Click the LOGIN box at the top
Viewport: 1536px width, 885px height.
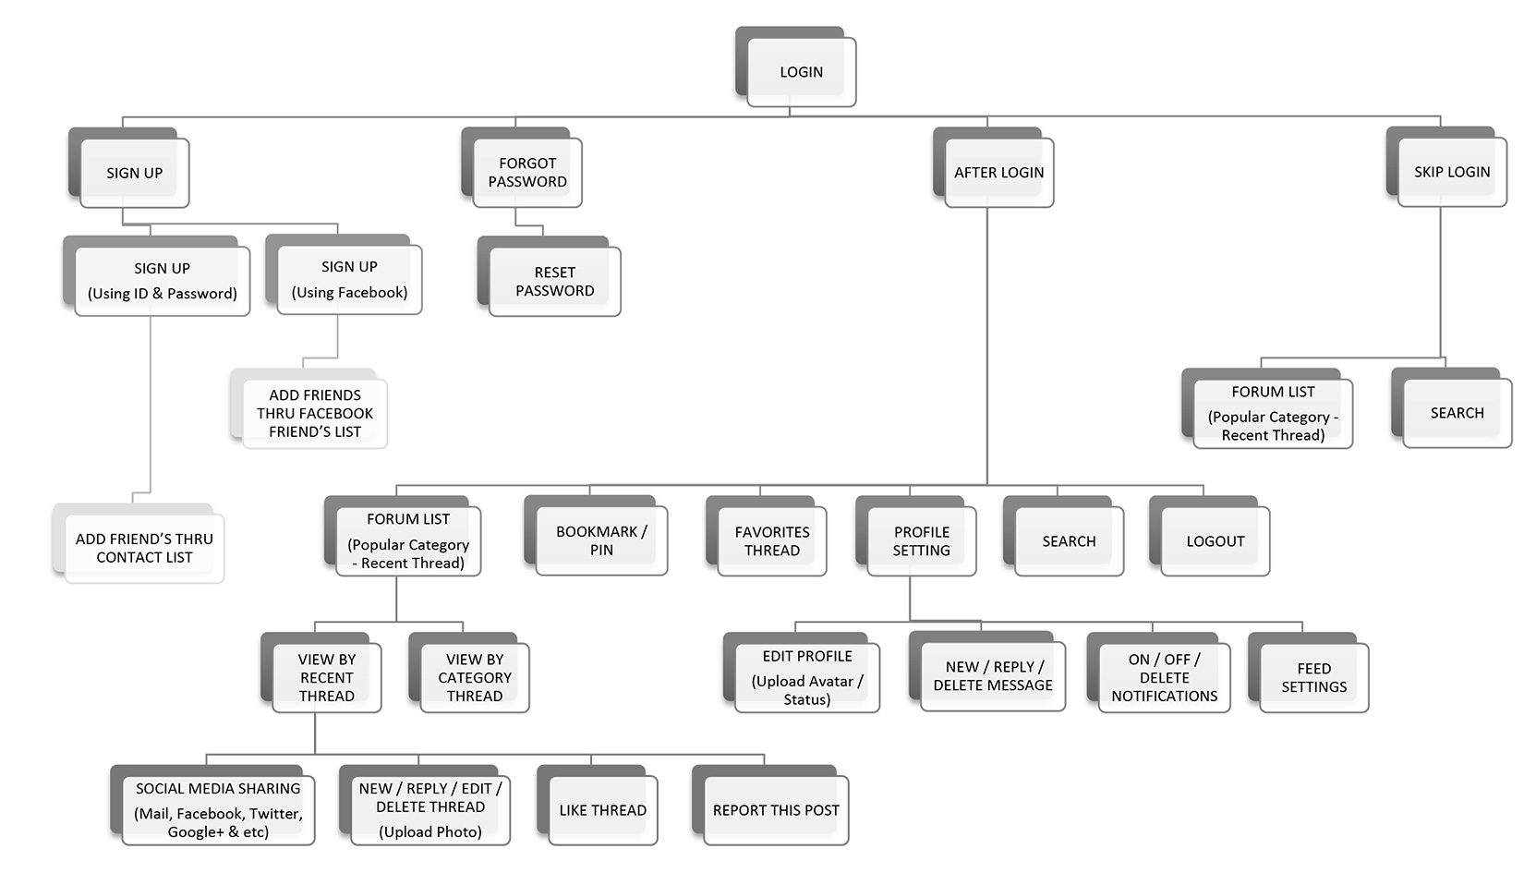(x=801, y=72)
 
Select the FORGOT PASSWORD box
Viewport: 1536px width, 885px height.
(x=527, y=173)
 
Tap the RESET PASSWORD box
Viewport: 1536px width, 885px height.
(x=554, y=282)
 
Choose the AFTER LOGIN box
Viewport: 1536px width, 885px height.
(x=998, y=173)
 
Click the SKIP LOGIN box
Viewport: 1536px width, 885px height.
(x=1452, y=172)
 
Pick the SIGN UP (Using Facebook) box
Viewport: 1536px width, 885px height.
(x=349, y=279)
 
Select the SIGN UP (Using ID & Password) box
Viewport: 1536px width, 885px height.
(x=162, y=281)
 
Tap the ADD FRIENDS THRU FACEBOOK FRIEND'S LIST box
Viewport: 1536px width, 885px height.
(x=314, y=413)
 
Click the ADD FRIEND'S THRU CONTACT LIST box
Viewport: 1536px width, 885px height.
(x=144, y=548)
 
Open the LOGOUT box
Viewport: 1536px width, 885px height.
(x=1215, y=541)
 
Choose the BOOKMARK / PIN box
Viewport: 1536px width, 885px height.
(x=601, y=540)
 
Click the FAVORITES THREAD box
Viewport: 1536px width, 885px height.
(x=772, y=541)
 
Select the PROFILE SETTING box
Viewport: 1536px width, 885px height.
(x=921, y=541)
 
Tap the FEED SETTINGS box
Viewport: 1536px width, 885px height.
(x=1313, y=678)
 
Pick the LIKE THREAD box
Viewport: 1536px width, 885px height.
(x=602, y=810)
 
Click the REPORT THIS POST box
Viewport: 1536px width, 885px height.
(x=776, y=810)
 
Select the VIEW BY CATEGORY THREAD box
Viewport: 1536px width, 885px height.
(x=475, y=678)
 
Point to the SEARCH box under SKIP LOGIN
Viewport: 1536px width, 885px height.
(x=1457, y=413)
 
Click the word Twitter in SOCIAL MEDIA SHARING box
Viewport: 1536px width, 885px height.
(x=273, y=814)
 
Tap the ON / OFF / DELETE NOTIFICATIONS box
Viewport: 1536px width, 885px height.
(x=1164, y=678)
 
